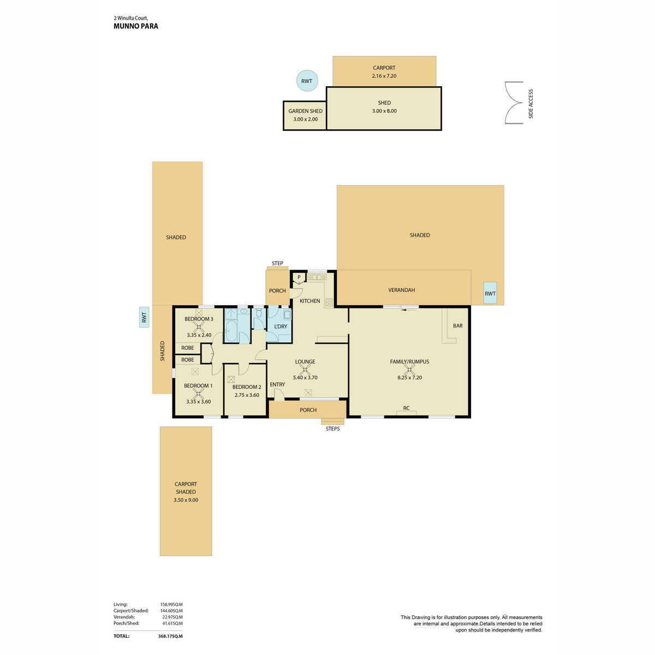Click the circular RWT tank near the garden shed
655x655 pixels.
[x=307, y=81]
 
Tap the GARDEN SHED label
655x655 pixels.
[x=305, y=111]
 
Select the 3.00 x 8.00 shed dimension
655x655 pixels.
[x=384, y=111]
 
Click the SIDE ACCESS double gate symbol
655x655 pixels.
[x=513, y=103]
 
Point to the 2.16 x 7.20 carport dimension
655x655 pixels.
[x=384, y=76]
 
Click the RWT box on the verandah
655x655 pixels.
[x=490, y=293]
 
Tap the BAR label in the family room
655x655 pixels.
[x=457, y=326]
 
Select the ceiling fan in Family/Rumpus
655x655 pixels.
[x=409, y=369]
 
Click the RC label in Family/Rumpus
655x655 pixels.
[x=406, y=408]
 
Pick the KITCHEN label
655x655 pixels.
[x=309, y=301]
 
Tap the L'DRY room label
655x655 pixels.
[x=281, y=326]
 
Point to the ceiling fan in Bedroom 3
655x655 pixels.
[x=199, y=327]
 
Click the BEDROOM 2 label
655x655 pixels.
[x=247, y=387]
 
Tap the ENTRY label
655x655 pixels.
[x=277, y=384]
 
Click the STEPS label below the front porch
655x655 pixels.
[x=332, y=429]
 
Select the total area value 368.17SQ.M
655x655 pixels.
[x=170, y=636]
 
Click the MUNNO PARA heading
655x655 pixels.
[x=135, y=26]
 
